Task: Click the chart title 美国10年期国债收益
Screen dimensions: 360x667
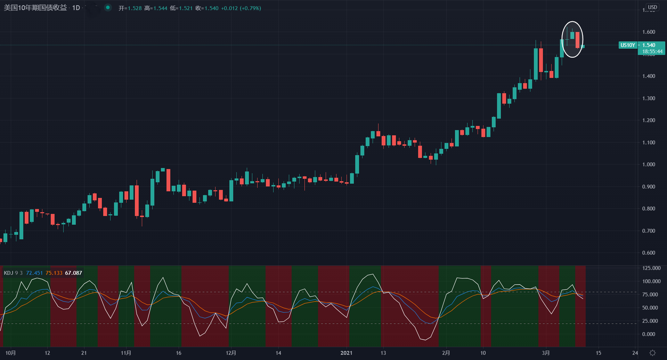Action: coord(35,8)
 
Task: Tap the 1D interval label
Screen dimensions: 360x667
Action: coord(76,8)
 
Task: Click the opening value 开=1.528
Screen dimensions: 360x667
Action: coord(130,8)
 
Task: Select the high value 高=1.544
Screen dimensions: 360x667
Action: coord(156,8)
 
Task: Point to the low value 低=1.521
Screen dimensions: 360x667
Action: coord(181,8)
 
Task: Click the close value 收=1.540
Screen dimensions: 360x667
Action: coord(207,8)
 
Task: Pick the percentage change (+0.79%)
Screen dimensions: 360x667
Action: coord(250,8)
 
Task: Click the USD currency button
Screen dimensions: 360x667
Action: coord(652,7)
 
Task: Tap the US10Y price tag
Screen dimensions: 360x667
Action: coord(628,45)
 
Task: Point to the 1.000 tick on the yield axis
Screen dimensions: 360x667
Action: coord(649,165)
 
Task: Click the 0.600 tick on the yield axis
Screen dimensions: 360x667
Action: coord(649,253)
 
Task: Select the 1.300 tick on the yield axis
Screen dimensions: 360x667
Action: coord(649,98)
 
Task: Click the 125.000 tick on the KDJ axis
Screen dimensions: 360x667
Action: coord(651,268)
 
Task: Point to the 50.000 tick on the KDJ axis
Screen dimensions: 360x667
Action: coord(650,308)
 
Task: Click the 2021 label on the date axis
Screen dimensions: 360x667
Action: coord(346,353)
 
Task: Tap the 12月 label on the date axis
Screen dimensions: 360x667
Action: coord(231,353)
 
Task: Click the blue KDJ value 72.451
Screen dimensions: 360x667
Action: coord(34,273)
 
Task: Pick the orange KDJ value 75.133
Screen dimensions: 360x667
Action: coord(54,273)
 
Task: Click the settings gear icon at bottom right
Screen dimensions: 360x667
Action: coord(652,353)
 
